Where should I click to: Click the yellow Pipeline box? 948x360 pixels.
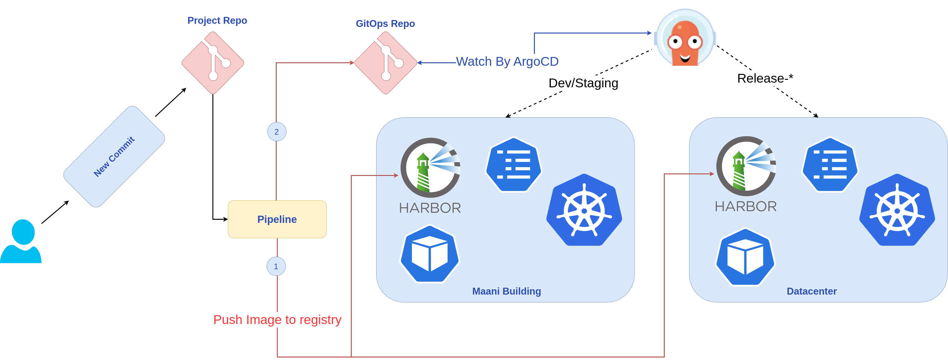(277, 219)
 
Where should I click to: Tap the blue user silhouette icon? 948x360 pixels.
(21, 241)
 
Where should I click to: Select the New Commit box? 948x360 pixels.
(114, 157)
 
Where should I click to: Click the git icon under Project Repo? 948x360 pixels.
(213, 63)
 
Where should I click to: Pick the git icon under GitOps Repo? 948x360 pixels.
(385, 63)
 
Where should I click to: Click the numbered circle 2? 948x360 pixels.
(277, 132)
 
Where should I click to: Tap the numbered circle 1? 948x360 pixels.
(276, 266)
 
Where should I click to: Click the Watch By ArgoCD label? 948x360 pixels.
(507, 61)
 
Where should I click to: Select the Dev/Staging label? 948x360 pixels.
(583, 83)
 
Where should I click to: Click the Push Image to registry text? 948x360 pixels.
(277, 320)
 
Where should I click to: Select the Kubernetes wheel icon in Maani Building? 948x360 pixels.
(584, 210)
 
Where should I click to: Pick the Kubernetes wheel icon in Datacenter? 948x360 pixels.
(897, 210)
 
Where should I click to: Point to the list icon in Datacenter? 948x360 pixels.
(830, 165)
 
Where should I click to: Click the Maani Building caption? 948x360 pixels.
(506, 291)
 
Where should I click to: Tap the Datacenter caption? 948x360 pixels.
(812, 291)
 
